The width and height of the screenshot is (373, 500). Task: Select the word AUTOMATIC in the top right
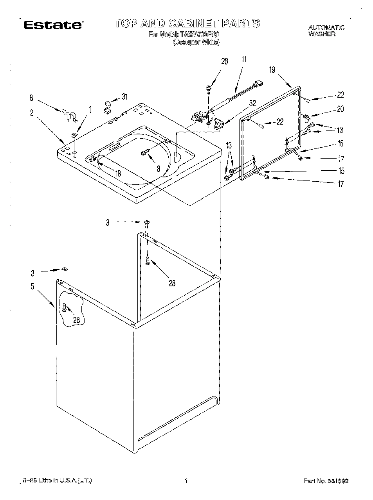(x=326, y=27)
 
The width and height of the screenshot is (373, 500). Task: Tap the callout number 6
(x=31, y=98)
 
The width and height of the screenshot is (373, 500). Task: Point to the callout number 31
(x=124, y=97)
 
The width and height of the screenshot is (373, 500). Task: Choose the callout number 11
(x=244, y=60)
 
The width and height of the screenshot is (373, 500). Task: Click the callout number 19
(x=272, y=70)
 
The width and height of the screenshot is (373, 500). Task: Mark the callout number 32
(x=252, y=104)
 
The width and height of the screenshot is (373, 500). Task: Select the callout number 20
(x=340, y=109)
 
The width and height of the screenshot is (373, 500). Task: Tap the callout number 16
(x=340, y=143)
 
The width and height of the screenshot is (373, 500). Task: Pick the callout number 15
(x=341, y=171)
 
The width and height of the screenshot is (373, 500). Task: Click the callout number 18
(x=118, y=173)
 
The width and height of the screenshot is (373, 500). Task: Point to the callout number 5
(x=32, y=287)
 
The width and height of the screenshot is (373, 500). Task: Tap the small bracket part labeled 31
(x=107, y=107)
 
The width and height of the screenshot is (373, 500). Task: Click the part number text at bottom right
(x=326, y=481)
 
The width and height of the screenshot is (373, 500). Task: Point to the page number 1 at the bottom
(x=186, y=481)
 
